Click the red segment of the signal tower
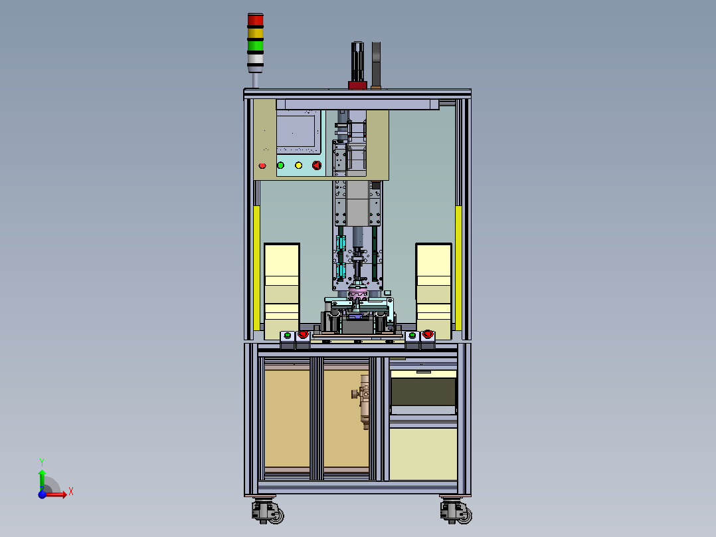[255, 20]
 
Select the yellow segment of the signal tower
[255, 33]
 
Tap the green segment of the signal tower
[255, 46]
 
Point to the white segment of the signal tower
[255, 58]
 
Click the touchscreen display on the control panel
[296, 131]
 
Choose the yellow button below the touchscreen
[299, 165]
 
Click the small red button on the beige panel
[262, 165]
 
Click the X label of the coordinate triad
[71, 492]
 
